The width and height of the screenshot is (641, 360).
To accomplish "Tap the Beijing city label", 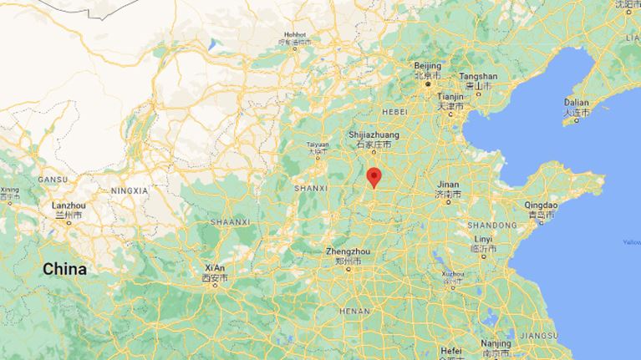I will click(427, 66).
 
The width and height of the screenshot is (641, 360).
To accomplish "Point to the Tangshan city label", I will click(478, 76).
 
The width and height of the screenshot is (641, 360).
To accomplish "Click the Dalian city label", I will click(576, 102).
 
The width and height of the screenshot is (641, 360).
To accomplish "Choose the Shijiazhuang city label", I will click(374, 134).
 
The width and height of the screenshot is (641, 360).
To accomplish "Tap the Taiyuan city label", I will click(314, 144).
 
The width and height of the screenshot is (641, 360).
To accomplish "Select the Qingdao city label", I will click(540, 205).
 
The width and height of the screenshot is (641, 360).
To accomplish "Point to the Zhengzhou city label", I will click(348, 251).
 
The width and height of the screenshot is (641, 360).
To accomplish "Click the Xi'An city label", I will click(214, 268).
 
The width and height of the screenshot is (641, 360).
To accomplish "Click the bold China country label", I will click(64, 269).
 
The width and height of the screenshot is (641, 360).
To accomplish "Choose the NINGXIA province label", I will click(129, 190).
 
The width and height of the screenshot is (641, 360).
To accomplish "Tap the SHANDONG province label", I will click(491, 225).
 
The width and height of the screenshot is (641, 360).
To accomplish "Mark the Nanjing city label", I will click(496, 343).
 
